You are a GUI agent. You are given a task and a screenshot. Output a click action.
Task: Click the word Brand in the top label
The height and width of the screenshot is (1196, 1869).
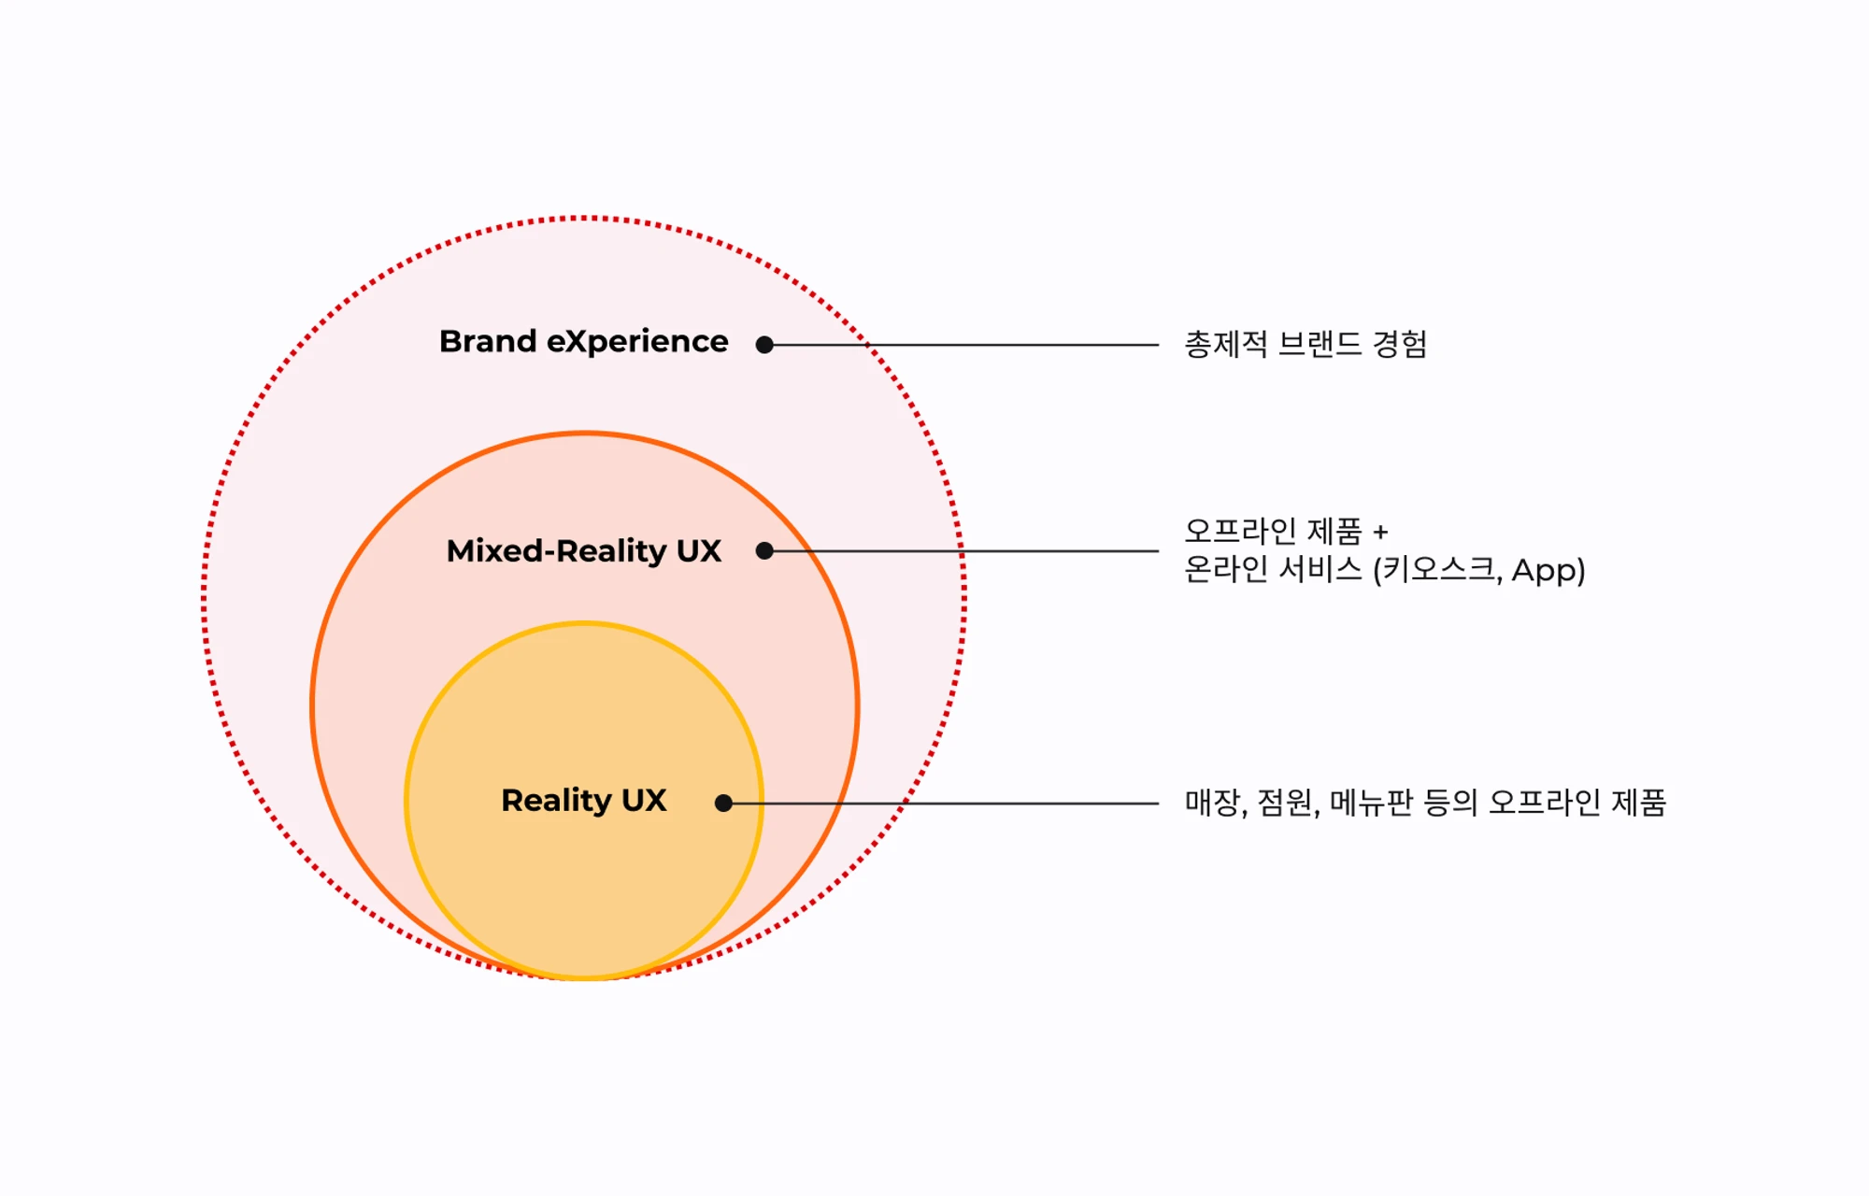click(488, 341)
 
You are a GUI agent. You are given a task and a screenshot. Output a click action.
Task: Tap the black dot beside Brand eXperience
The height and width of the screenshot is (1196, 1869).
click(764, 345)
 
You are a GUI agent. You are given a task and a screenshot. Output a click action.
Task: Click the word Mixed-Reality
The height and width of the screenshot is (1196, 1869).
click(557, 550)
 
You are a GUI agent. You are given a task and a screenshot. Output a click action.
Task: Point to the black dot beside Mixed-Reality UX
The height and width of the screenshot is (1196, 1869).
click(764, 550)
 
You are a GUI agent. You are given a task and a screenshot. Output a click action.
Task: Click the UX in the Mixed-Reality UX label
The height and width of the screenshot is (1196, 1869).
click(699, 550)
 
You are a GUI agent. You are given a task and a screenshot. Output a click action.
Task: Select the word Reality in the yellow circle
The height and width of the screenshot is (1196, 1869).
click(557, 801)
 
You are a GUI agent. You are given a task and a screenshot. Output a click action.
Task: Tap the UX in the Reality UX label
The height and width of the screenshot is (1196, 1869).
click(645, 800)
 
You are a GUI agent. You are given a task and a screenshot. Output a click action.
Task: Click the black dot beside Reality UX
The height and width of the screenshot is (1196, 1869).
click(723, 803)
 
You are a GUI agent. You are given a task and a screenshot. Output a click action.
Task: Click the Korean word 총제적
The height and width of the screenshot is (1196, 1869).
click(1226, 344)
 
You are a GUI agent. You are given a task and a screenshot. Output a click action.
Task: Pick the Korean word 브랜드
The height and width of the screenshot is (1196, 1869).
click(1320, 344)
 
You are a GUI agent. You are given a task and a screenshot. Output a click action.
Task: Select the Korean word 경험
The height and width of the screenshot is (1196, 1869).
click(1400, 344)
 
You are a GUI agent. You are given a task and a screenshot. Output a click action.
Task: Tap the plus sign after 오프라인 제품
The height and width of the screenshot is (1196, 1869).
click(1380, 533)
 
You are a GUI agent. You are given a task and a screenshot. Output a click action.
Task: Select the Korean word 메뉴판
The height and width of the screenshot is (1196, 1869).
click(1372, 802)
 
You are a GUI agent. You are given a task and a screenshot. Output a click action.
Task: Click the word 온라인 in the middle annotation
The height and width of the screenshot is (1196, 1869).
click(1226, 569)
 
